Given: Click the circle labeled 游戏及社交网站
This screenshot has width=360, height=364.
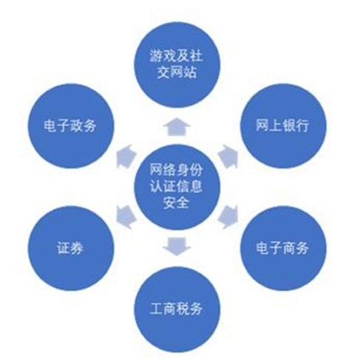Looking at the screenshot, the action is click(177, 65).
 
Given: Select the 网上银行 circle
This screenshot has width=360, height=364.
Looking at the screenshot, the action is click(283, 126).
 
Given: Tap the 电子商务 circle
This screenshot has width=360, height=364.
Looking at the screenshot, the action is click(283, 248).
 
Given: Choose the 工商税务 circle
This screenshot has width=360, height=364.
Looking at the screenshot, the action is click(177, 309).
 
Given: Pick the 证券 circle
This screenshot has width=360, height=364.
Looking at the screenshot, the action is click(71, 248).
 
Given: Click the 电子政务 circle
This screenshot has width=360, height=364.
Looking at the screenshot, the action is click(71, 126).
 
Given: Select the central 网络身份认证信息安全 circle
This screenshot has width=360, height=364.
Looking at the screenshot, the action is click(177, 187).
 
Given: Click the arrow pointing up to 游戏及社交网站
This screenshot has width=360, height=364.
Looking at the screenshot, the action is click(177, 127).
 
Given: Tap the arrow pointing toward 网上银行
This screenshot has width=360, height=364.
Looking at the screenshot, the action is click(228, 157).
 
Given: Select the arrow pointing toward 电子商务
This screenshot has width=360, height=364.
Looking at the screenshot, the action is click(228, 217).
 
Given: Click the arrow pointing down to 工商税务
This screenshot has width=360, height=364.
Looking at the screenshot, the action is click(177, 247).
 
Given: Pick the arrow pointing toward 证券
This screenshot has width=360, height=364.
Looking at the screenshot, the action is click(126, 217).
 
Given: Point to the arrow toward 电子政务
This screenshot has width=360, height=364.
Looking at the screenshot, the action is click(126, 157).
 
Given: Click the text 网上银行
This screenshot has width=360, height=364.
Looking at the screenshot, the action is click(282, 126).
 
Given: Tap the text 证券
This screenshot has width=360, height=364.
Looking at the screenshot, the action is click(70, 247).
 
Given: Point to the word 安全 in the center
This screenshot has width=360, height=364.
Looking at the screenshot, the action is click(176, 203).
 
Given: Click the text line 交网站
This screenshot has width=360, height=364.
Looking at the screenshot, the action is click(177, 72).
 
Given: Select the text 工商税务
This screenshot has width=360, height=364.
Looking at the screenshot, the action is click(177, 309).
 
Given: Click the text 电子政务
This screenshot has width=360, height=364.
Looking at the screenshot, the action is click(70, 126).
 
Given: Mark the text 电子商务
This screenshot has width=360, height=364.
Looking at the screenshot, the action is click(282, 247).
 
